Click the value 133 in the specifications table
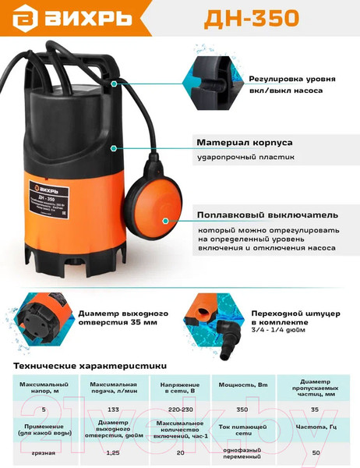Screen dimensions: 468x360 [x=113, y=408]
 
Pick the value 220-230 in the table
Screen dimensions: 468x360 [x=181, y=408]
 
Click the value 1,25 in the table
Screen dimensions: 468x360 [x=113, y=452]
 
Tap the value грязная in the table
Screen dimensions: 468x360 [x=44, y=452]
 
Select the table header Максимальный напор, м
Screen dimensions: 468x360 [x=44, y=388]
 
